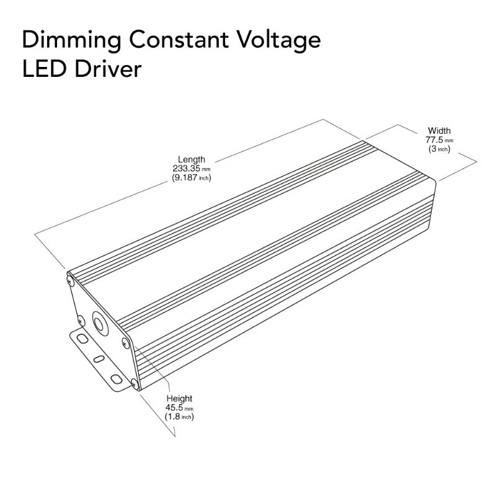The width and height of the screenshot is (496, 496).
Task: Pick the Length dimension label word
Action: (x=191, y=159)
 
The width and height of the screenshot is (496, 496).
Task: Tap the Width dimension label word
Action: (x=439, y=131)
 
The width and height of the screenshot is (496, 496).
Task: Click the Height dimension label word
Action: (x=180, y=399)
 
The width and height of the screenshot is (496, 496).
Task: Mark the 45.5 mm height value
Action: (x=180, y=408)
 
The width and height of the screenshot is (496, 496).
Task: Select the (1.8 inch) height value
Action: (x=180, y=417)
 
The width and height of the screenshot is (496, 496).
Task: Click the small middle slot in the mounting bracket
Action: (x=98, y=358)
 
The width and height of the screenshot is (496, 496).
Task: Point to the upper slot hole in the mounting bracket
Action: (x=80, y=339)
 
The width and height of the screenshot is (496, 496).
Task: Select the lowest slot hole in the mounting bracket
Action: (x=116, y=378)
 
